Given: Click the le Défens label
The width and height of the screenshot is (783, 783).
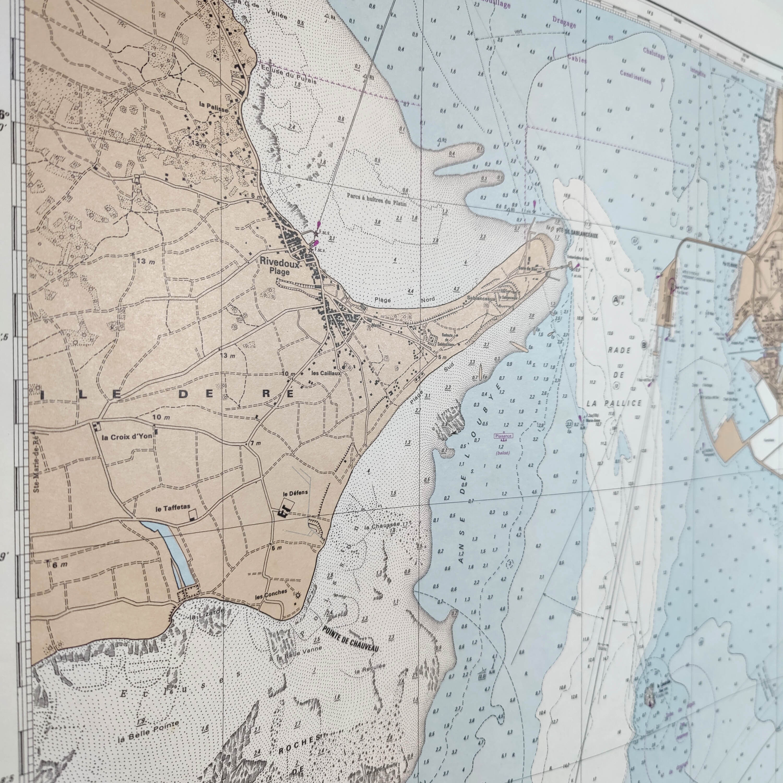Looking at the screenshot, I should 295,493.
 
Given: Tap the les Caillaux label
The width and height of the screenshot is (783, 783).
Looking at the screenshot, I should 326,373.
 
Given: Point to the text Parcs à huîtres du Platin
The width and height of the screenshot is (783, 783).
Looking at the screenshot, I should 377,199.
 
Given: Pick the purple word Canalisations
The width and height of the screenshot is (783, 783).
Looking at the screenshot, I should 636,76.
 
